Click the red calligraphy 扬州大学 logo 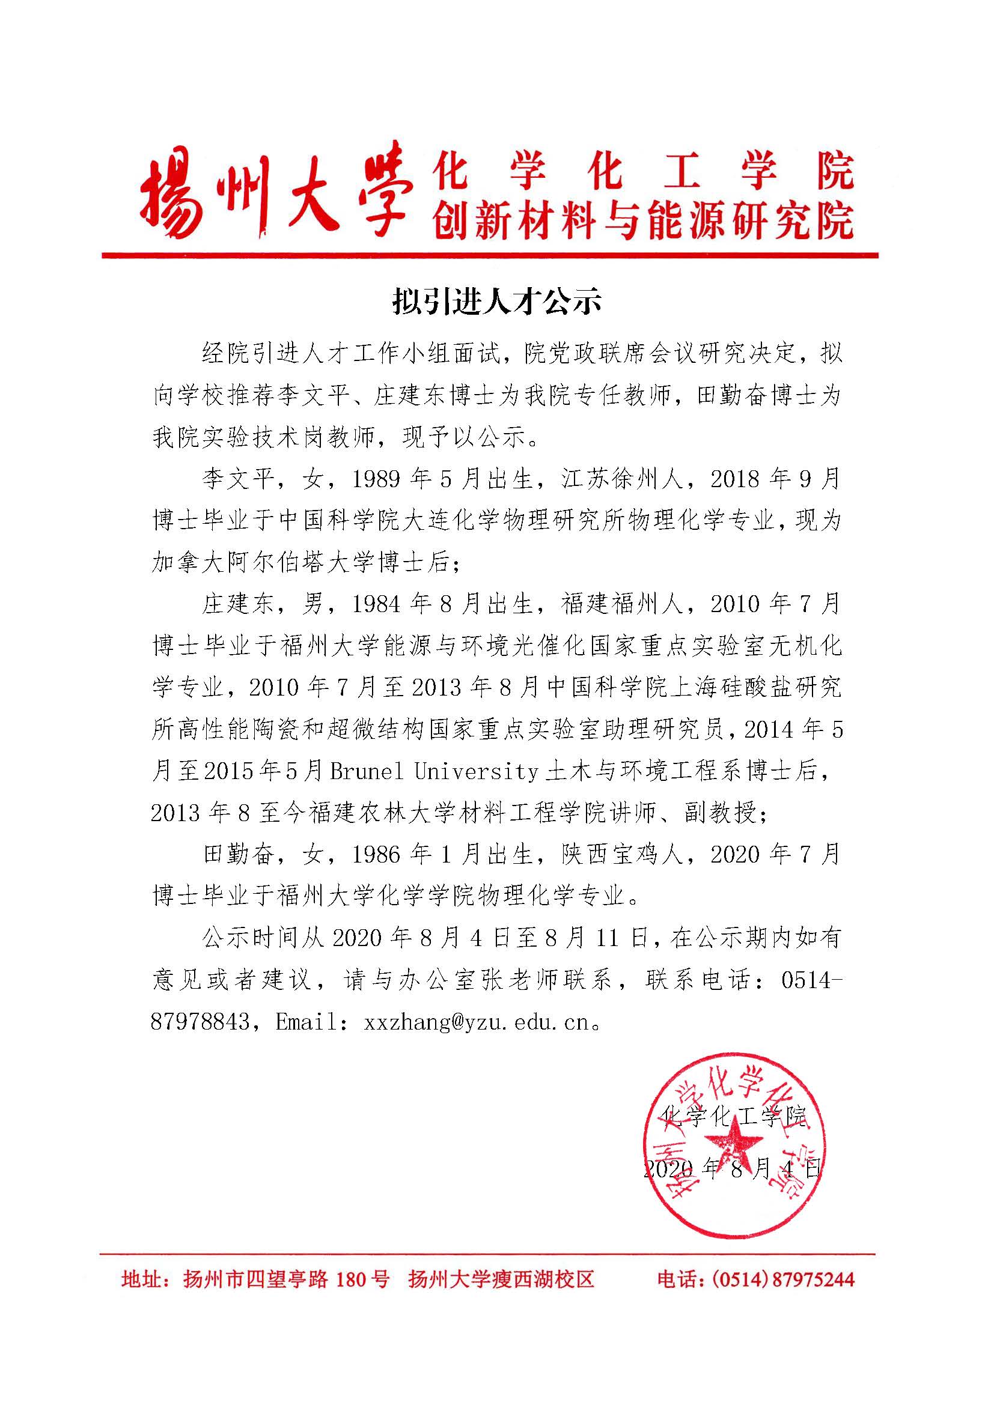tap(272, 191)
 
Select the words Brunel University tap(434, 772)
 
